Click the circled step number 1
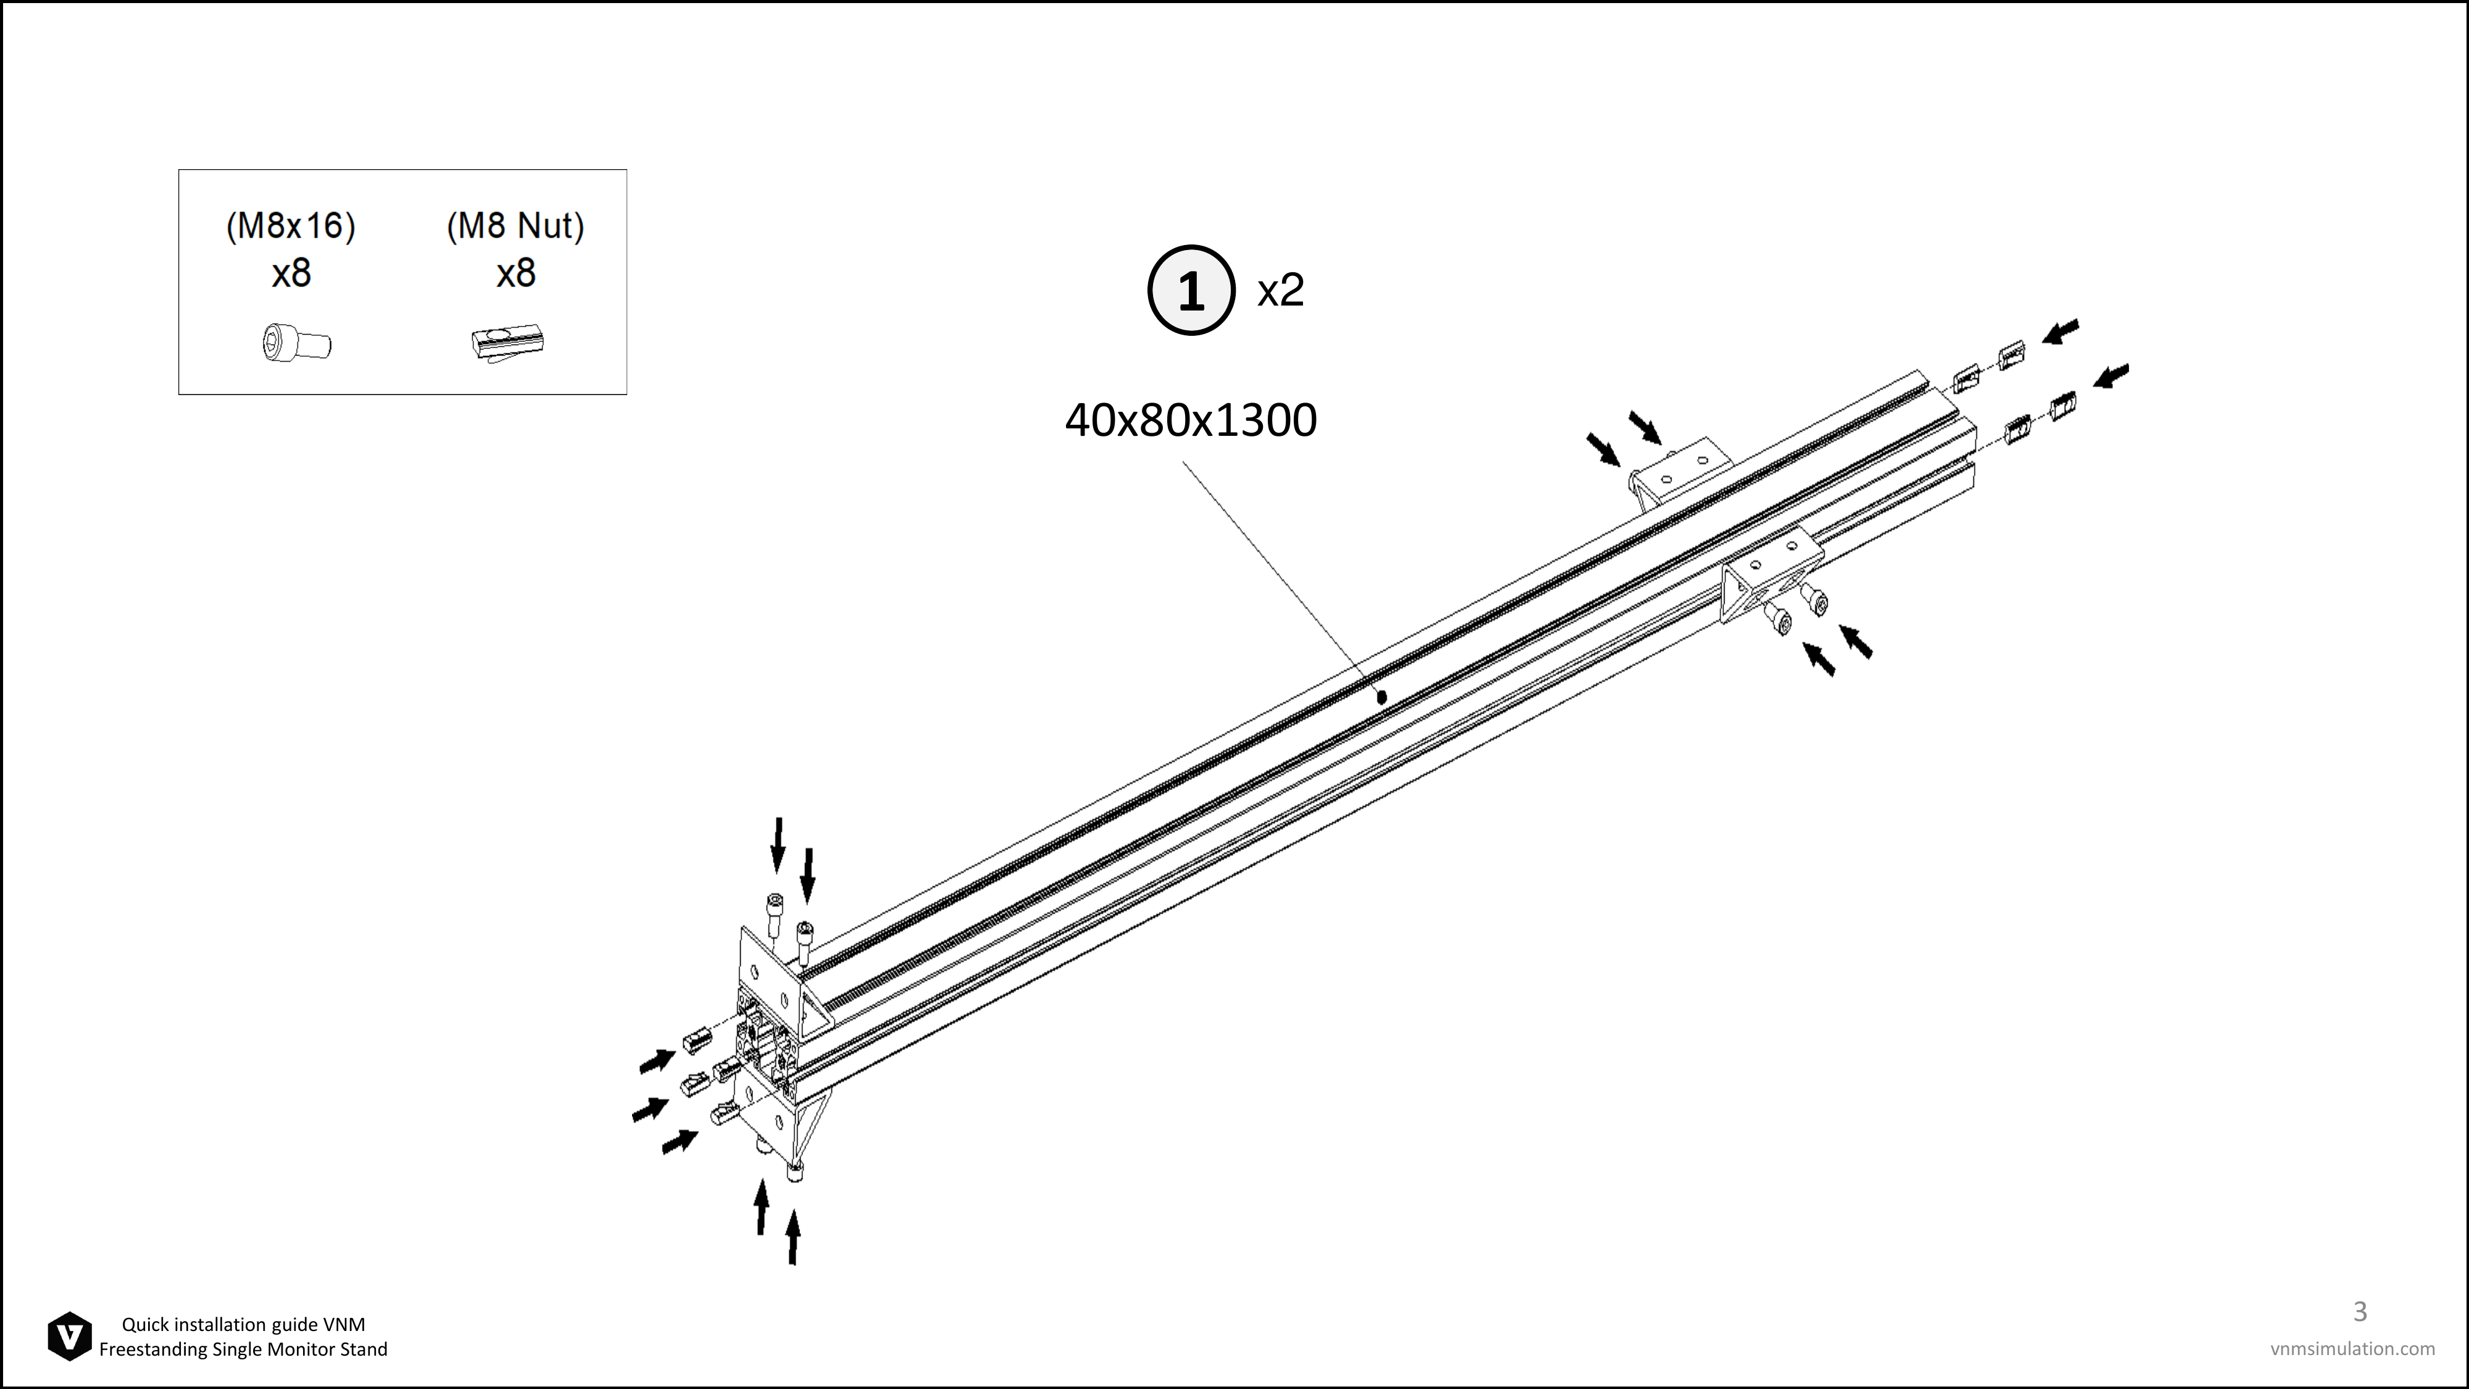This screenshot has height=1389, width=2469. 1191,290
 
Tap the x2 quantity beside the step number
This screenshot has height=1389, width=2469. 1281,290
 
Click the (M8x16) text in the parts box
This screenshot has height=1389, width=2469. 290,226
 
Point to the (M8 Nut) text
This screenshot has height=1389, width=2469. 515,226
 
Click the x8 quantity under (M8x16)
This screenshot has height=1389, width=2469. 291,274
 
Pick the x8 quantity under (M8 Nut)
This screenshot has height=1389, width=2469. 515,274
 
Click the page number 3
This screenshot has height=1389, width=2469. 2360,1311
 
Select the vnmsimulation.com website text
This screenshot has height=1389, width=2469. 2352,1349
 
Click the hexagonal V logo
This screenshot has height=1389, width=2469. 70,1337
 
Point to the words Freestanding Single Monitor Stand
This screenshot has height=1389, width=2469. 243,1349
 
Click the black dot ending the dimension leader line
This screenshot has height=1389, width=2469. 1381,698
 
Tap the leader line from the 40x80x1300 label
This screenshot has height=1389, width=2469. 1281,578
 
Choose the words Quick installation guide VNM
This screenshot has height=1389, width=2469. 243,1325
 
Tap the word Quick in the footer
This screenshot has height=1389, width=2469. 144,1325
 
